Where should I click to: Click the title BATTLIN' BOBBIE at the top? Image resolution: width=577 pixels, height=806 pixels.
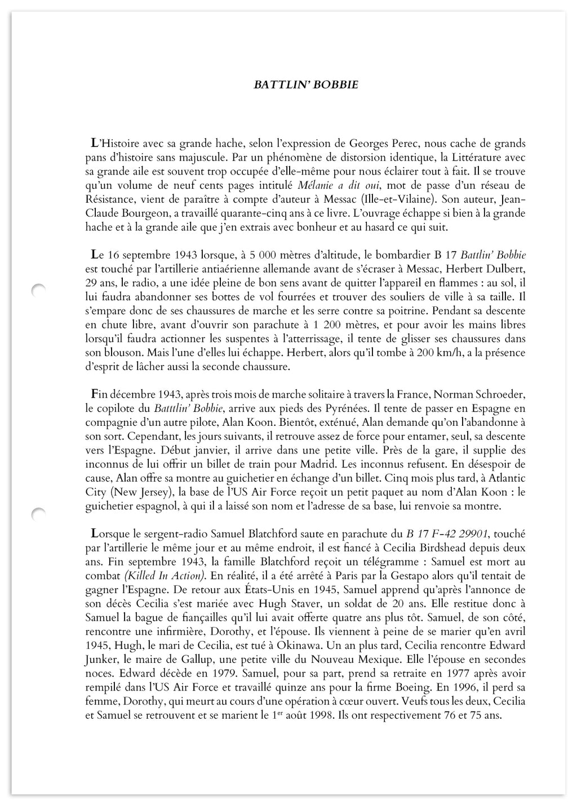(306, 85)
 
